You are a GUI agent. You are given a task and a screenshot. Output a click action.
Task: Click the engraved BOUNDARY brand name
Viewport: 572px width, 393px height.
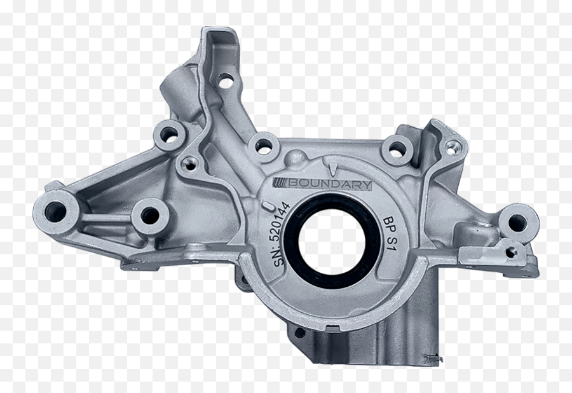(330, 184)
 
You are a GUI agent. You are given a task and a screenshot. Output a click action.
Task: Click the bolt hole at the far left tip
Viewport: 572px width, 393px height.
(55, 211)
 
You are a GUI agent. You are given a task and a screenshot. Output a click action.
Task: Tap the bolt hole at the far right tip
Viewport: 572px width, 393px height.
(518, 222)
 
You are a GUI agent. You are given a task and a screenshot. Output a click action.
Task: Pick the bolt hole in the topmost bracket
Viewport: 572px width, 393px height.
(225, 81)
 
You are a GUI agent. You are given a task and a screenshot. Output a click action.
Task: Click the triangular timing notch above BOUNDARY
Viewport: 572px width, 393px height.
(334, 167)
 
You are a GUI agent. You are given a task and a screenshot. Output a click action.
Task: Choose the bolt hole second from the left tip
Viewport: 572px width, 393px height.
(150, 216)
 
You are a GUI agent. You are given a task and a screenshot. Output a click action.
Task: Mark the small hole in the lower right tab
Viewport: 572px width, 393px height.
(510, 252)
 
